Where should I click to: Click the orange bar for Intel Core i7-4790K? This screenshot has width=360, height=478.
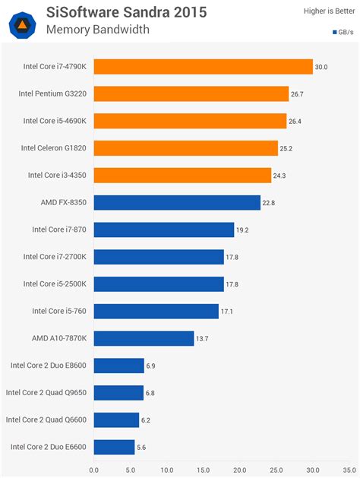[203, 67]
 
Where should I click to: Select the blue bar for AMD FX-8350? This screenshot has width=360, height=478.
[177, 202]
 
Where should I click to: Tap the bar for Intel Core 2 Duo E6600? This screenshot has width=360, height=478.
[114, 447]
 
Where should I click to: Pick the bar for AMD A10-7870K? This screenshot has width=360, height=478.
[144, 338]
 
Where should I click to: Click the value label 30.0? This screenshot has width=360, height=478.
[321, 67]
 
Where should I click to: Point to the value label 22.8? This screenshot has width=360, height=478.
[270, 202]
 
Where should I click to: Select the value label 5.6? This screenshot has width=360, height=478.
[142, 448]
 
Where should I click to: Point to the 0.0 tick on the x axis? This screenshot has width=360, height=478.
[93, 470]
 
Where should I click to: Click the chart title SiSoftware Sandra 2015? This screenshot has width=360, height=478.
[126, 12]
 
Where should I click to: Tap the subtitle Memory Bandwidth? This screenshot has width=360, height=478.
[97, 30]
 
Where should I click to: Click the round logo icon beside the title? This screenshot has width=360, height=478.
[23, 22]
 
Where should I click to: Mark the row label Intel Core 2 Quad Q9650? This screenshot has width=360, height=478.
[47, 392]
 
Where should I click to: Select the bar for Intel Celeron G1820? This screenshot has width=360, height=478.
[185, 148]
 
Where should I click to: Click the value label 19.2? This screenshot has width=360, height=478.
[244, 230]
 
